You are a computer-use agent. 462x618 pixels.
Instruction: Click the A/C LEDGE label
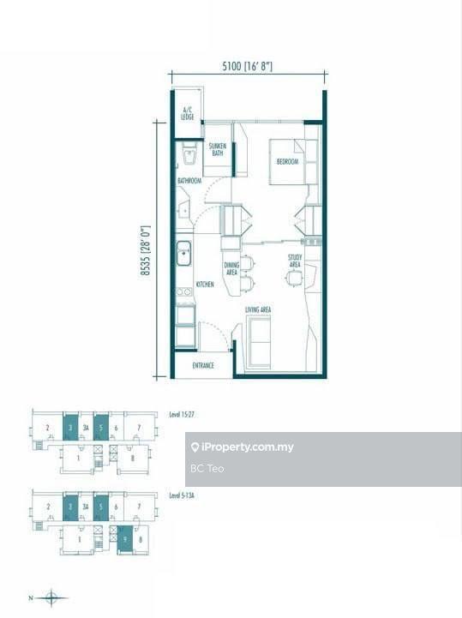tap(187, 112)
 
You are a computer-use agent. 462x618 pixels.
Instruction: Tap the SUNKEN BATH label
tap(217, 149)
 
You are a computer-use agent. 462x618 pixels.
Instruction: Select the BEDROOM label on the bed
tap(287, 161)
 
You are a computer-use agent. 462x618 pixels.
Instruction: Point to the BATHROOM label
tap(189, 181)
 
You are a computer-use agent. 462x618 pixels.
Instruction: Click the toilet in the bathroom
tap(189, 155)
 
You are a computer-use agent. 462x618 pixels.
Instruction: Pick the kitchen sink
tap(183, 253)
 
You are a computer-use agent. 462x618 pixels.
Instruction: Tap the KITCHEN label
tap(205, 285)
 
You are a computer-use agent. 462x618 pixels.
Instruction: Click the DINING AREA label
tap(231, 269)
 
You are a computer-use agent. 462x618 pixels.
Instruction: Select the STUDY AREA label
tap(294, 261)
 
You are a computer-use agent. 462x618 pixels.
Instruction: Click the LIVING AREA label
tap(258, 309)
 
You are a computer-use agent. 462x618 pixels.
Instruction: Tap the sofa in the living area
tap(258, 341)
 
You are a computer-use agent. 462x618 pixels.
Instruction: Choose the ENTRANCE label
tap(202, 367)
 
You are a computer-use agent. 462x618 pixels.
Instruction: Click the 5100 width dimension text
tap(248, 66)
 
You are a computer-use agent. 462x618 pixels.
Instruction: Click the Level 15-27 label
tap(182, 415)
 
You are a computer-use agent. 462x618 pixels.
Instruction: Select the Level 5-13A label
tap(183, 495)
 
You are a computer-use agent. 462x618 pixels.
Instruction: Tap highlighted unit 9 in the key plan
tap(124, 539)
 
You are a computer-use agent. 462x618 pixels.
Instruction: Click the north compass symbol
tap(51, 597)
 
